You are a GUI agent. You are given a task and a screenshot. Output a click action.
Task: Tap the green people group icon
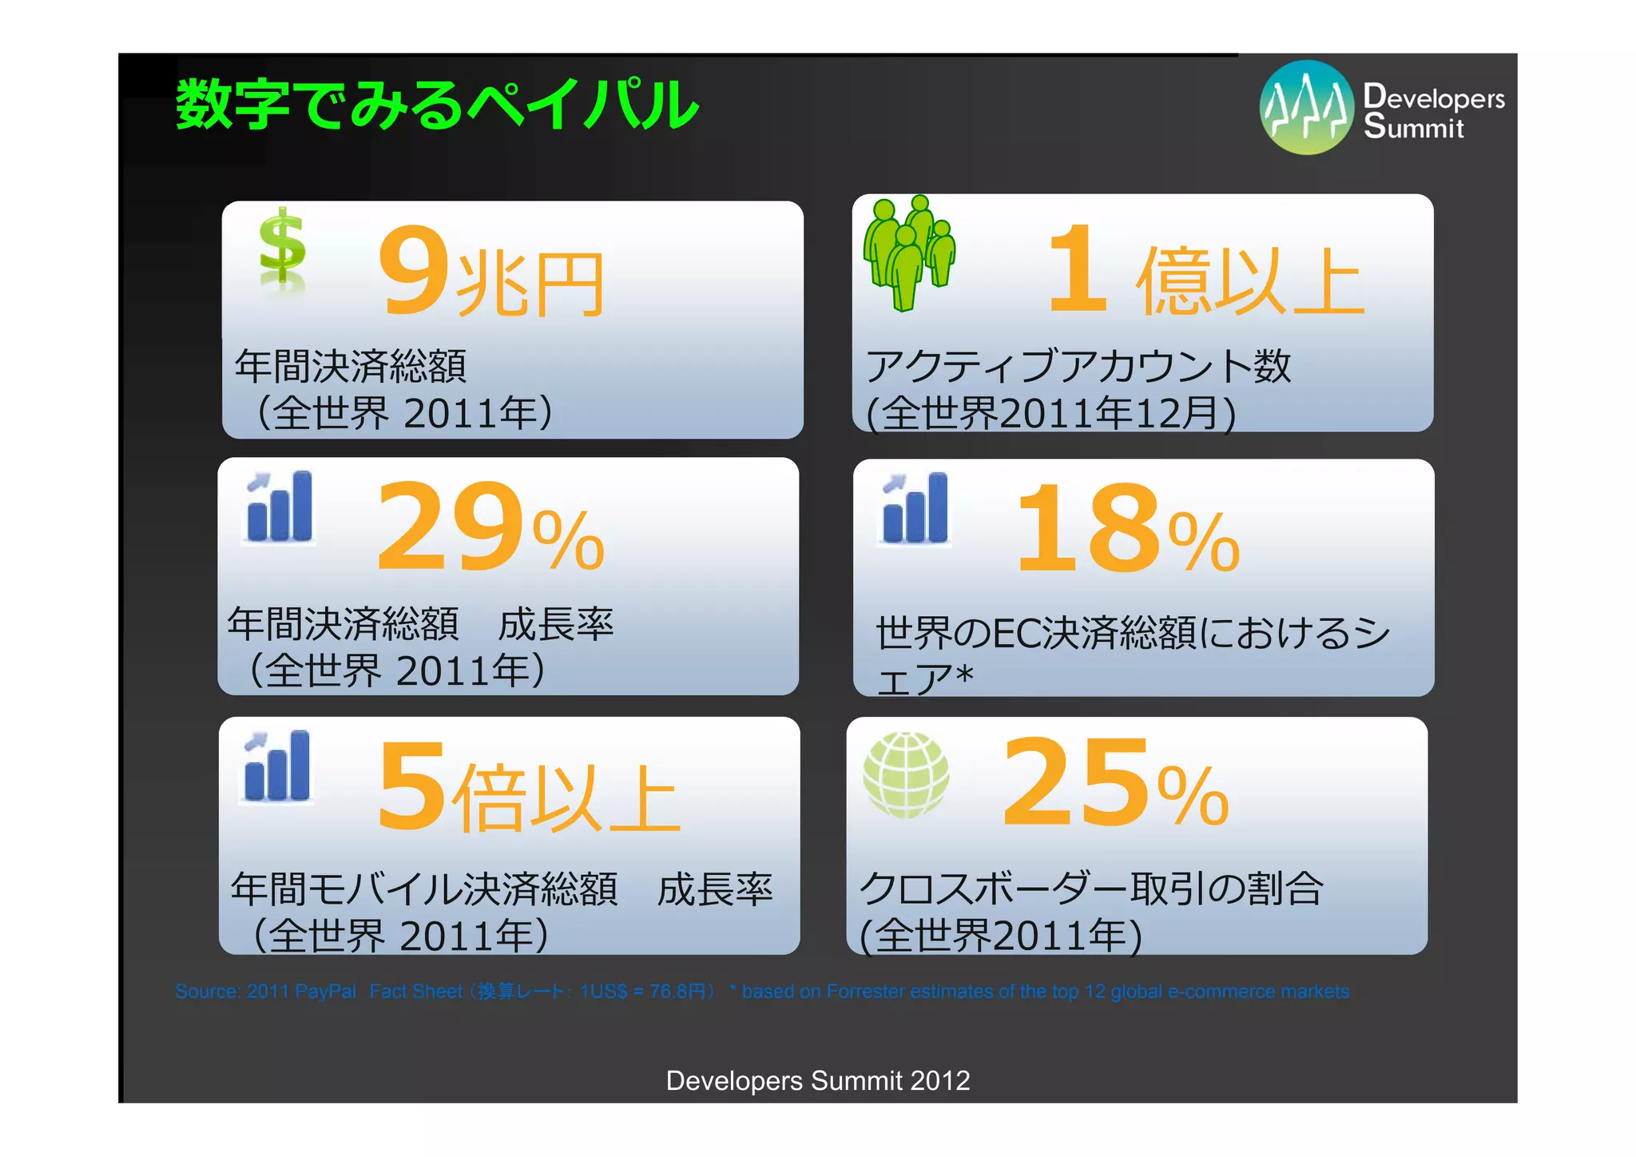(909, 252)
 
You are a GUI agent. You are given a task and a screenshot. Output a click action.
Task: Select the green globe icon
(907, 774)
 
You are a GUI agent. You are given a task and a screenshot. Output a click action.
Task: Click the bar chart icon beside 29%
(280, 507)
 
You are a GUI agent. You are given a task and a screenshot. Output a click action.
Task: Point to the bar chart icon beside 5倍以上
(277, 766)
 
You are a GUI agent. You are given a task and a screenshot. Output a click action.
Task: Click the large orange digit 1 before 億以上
(1078, 269)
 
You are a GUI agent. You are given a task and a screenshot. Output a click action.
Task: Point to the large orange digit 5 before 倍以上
(411, 786)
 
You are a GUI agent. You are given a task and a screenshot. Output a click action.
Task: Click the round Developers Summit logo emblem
(1306, 108)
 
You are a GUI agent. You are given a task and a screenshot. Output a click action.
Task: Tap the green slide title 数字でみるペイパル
(438, 105)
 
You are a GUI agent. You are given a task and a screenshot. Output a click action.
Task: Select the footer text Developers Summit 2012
(818, 1080)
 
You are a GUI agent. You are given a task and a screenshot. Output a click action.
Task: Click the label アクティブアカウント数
(1078, 367)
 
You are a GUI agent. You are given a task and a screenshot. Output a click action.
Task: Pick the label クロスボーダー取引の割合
(1090, 889)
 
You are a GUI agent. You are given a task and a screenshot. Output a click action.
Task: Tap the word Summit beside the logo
(1414, 128)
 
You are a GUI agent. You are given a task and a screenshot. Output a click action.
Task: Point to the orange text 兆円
(530, 284)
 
